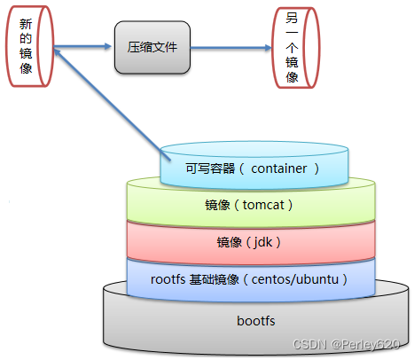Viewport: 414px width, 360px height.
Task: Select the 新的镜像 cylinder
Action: point(26,50)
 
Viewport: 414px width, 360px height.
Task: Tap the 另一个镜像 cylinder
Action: point(293,48)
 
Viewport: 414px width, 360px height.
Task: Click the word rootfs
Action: point(168,278)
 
